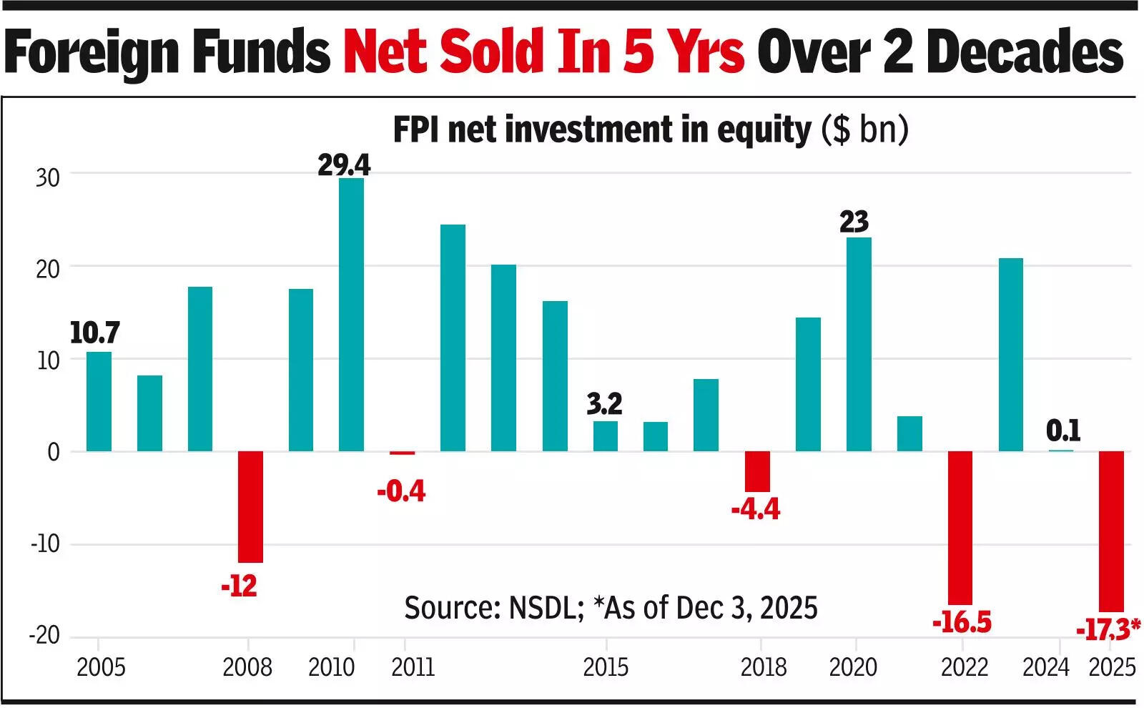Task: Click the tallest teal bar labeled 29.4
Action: coord(351,315)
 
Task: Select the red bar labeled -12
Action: coord(250,506)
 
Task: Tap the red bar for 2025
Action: coord(1111,531)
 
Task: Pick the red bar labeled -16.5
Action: coord(960,528)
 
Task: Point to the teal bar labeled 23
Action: coord(859,344)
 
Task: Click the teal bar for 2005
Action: coord(99,401)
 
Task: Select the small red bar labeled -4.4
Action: coord(757,471)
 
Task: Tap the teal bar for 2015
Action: coord(606,436)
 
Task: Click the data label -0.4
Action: coord(401,491)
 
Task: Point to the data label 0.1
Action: coord(1062,431)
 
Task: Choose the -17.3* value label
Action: coord(1108,630)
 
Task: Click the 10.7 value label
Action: coord(94,333)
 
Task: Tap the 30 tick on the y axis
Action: coord(48,177)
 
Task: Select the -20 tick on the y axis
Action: coord(44,635)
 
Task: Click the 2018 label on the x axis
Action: coord(763,667)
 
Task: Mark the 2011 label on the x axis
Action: coord(413,667)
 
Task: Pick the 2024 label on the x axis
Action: coord(1045,667)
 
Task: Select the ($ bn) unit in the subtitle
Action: coord(864,130)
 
